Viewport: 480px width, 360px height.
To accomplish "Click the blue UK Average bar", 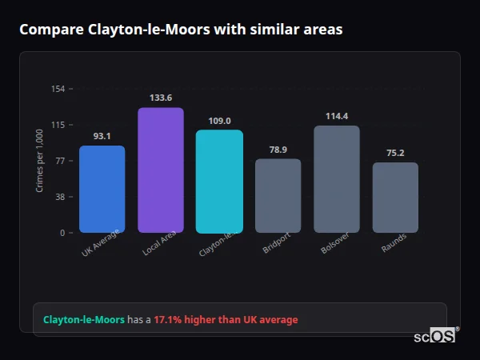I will click(102, 189).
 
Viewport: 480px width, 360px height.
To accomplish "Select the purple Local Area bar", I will click(161, 170).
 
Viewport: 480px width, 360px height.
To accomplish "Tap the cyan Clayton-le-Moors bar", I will click(219, 181).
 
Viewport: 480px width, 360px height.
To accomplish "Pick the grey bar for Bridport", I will click(278, 195).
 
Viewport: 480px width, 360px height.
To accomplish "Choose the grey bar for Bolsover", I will click(337, 178).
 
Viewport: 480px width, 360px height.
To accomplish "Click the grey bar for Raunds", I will click(395, 197).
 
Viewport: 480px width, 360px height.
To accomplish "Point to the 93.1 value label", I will click(102, 136).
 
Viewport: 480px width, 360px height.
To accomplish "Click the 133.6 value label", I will click(161, 98).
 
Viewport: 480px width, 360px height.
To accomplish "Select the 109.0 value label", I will click(219, 121).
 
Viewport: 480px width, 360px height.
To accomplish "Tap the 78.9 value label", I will click(278, 150).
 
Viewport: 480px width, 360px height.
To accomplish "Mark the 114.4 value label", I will click(337, 116).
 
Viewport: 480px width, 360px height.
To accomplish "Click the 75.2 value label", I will click(395, 153).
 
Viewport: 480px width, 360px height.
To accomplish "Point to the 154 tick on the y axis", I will click(58, 89).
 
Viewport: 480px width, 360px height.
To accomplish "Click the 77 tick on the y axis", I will click(60, 161).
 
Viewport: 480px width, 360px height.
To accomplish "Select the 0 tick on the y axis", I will click(62, 233).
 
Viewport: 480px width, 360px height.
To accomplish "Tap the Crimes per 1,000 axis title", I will click(40, 160).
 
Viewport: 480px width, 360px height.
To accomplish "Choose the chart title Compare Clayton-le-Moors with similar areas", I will click(181, 30).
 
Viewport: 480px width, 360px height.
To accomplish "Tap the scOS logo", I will click(435, 336).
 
